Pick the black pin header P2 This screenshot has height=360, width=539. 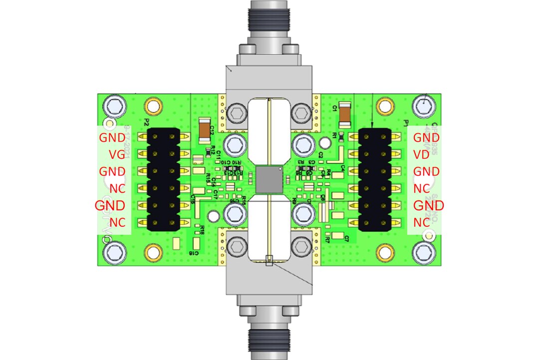pos(163,179)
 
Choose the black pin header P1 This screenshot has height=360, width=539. pos(375,179)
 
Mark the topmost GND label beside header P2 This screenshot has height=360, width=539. pos(112,137)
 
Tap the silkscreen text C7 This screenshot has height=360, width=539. pos(346,239)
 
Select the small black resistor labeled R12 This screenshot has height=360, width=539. pos(207,149)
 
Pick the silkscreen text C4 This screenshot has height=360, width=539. pos(343,168)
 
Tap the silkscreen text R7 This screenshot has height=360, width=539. pos(327,239)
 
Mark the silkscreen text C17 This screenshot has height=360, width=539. pos(215,192)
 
